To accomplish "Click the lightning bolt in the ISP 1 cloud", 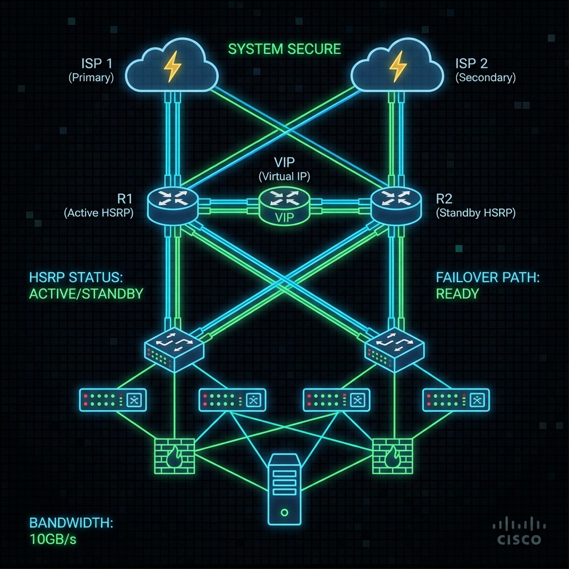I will (x=172, y=67).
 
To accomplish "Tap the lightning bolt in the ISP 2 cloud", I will (x=398, y=67).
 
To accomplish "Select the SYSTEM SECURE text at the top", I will (x=284, y=49).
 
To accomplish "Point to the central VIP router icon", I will (x=284, y=207).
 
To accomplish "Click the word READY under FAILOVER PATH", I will (x=457, y=293).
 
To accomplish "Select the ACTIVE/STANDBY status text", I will (x=86, y=293).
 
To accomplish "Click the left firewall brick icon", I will (x=174, y=455).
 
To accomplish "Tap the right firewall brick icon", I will (x=392, y=455).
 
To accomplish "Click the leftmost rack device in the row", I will (x=113, y=399).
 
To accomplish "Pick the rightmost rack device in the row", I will (x=456, y=399).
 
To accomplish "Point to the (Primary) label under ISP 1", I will (x=91, y=78).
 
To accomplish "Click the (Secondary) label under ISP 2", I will (x=486, y=78).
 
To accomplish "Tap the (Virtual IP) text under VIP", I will (x=284, y=177).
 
